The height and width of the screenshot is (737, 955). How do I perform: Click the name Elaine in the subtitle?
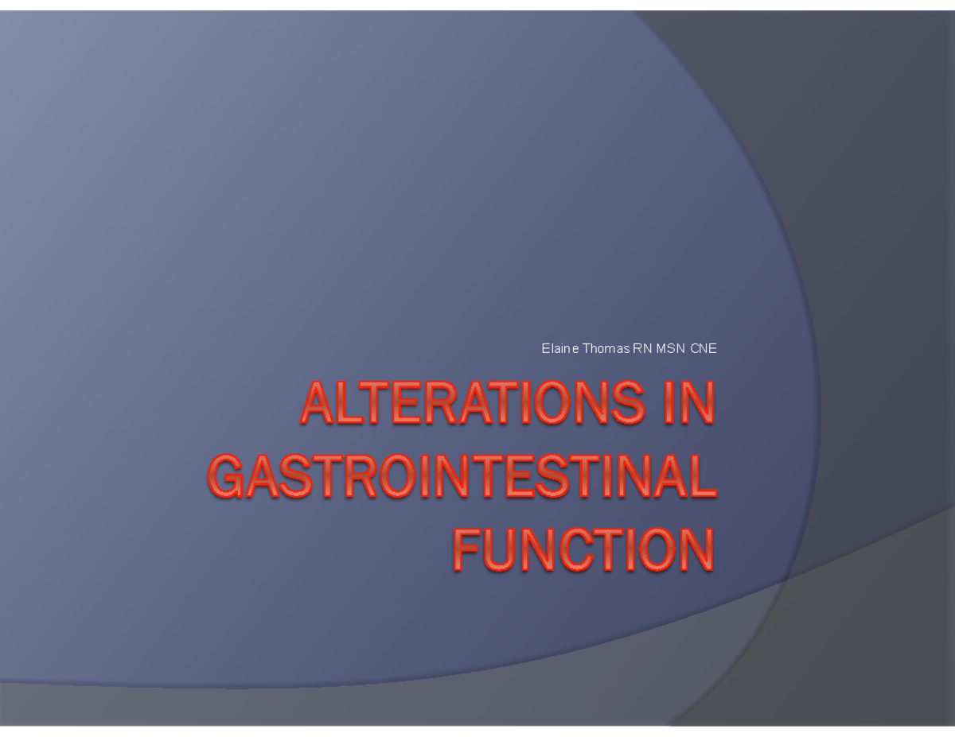coord(560,348)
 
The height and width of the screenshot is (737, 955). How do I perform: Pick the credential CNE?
coord(704,348)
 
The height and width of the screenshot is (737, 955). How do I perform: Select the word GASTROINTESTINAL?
coord(462,477)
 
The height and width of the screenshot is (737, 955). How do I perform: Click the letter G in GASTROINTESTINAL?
coord(226,477)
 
